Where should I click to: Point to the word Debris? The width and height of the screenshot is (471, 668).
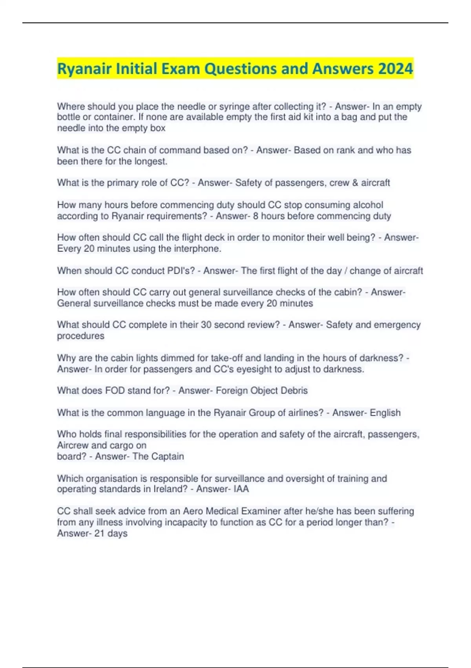point(294,391)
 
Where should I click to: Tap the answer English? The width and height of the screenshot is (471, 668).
point(385,413)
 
